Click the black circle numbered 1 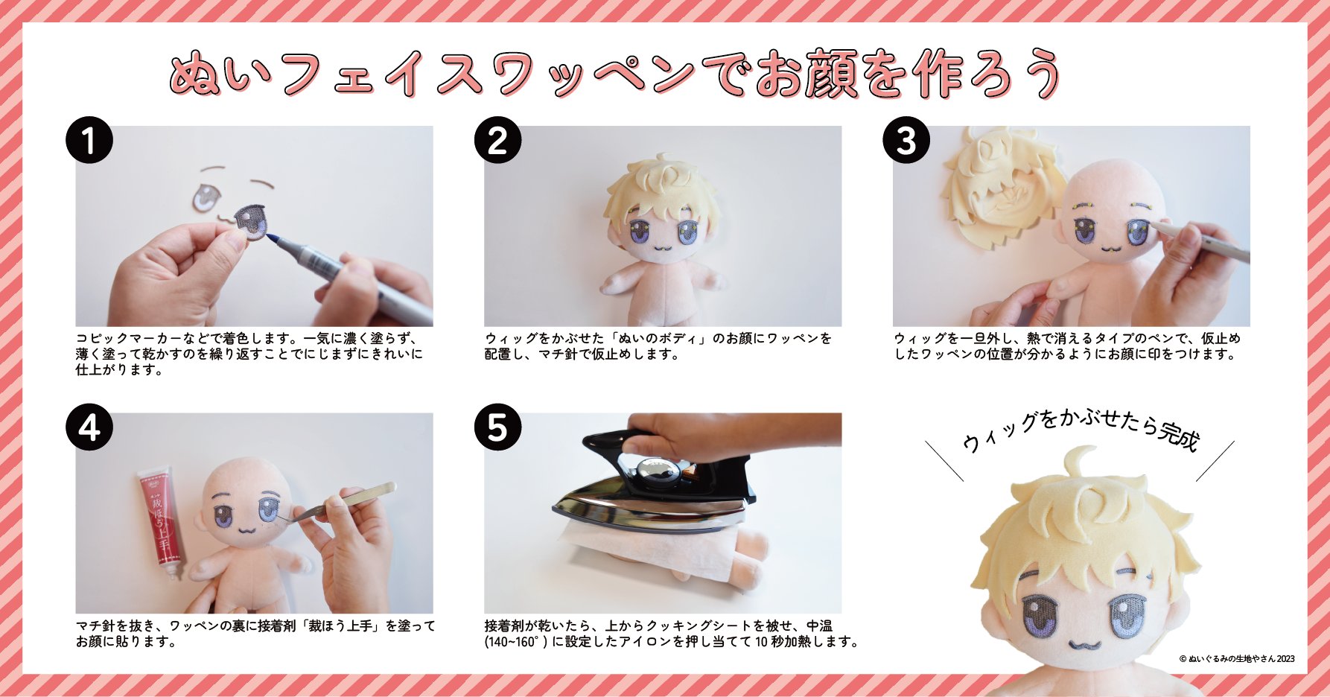[89, 140]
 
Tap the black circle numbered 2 [497, 140]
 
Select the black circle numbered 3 [906, 140]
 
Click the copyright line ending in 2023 [1237, 658]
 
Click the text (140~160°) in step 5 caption [516, 642]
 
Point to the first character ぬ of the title [195, 74]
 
